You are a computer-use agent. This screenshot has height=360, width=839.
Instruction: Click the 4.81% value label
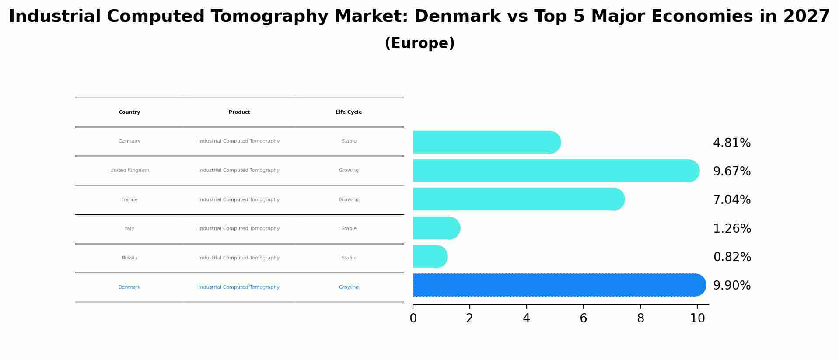pos(731,143)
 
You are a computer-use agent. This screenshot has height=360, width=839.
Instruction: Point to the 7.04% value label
pos(731,200)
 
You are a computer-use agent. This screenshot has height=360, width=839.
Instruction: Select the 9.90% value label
pos(731,286)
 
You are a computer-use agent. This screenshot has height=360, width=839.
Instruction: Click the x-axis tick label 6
pos(583,318)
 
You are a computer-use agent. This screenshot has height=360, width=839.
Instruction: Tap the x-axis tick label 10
pos(697,318)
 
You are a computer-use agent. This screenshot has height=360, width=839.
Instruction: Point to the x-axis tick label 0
pos(413,318)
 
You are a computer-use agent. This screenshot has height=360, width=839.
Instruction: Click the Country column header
pos(129,112)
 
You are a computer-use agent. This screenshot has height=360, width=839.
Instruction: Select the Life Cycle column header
pos(349,112)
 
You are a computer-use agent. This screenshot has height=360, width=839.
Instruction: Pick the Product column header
pos(239,112)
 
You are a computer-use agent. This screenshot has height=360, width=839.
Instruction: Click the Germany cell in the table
pos(129,141)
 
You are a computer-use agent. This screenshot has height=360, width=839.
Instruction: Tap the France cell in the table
pos(129,200)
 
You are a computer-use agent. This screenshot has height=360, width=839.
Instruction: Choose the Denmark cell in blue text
pos(129,287)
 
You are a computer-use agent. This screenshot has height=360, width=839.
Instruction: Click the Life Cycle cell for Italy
pos(349,229)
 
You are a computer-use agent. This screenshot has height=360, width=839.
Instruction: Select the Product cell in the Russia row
pos(239,258)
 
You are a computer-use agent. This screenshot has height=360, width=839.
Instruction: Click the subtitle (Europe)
pos(419,43)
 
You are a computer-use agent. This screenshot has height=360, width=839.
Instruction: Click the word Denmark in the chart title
pos(457,17)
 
